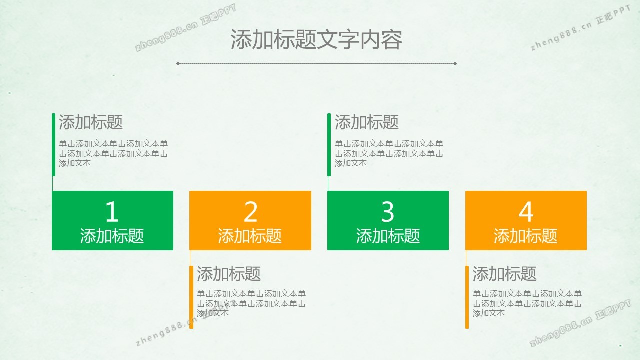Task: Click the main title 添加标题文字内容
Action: tap(316, 39)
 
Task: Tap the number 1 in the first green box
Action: tap(112, 211)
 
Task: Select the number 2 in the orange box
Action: tap(250, 211)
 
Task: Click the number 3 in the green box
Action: tap(387, 211)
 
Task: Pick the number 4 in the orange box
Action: tap(526, 211)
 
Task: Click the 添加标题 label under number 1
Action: tap(112, 236)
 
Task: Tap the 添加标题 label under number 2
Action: tap(250, 236)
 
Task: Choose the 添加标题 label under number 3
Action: tap(388, 236)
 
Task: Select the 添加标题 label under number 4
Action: tap(525, 236)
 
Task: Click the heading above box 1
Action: tap(91, 122)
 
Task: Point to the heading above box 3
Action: tap(367, 122)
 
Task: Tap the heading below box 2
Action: tap(229, 273)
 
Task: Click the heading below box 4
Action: tap(504, 273)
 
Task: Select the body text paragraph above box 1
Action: tap(113, 153)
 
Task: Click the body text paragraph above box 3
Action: tap(389, 153)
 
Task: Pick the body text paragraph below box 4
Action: tap(527, 303)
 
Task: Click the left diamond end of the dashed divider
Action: tap(178, 63)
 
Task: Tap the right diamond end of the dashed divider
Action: tap(455, 63)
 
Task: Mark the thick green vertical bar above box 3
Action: tap(329, 145)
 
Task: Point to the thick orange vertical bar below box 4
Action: tap(467, 297)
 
